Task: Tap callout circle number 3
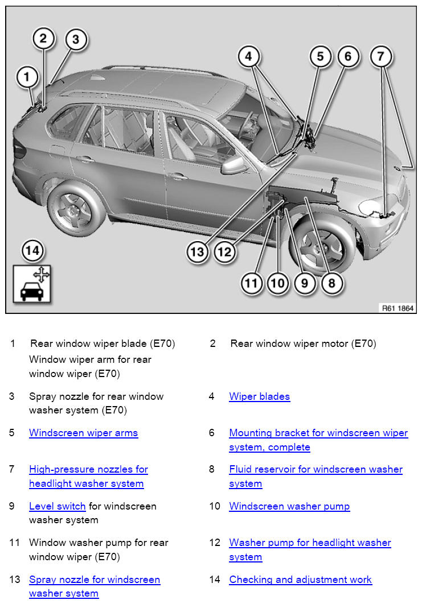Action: [x=76, y=40]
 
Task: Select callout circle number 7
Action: [x=381, y=56]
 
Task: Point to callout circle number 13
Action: [x=197, y=251]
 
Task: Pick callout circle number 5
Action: [x=321, y=56]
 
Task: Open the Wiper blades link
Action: [x=259, y=396]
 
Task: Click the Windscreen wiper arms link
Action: [x=83, y=433]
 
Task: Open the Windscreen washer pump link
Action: [x=289, y=506]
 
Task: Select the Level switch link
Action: [x=57, y=506]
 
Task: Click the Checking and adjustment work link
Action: [x=300, y=580]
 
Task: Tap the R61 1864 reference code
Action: [x=398, y=308]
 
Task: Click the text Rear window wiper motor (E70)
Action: [x=303, y=344]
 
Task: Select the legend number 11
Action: [x=14, y=543]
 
